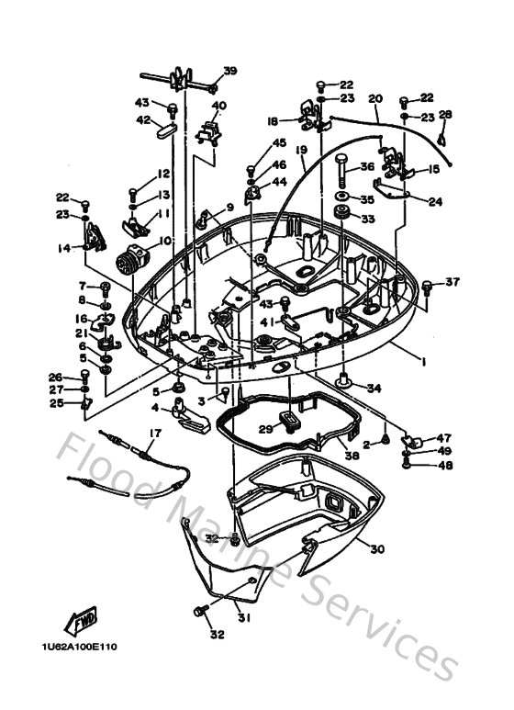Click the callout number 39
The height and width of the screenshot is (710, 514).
229,71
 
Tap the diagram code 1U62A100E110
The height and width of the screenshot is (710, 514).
79,646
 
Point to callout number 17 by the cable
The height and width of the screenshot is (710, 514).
154,433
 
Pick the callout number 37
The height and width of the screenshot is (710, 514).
453,281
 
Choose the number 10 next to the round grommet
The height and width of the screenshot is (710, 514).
165,242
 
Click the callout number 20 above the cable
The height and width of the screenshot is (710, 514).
374,98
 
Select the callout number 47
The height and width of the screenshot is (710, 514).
444,437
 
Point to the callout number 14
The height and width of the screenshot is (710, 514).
63,248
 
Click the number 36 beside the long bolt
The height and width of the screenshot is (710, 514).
367,167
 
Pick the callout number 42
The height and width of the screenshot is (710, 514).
143,119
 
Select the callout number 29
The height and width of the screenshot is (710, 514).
265,429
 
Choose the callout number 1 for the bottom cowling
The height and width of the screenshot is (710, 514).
424,360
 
